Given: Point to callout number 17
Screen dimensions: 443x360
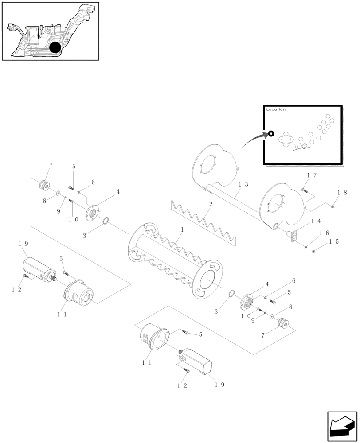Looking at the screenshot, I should point(312,175).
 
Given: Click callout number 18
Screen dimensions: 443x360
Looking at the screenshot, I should point(341,193).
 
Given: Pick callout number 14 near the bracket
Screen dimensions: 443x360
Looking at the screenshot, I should point(316,221).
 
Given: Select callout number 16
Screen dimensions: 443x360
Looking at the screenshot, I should point(324,233).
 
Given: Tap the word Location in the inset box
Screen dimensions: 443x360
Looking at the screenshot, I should point(276,109).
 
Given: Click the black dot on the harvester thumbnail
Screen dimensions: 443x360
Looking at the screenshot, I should point(55,48).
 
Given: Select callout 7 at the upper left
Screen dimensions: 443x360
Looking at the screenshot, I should point(51,165).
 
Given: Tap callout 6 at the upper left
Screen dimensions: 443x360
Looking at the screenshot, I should point(93,182).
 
